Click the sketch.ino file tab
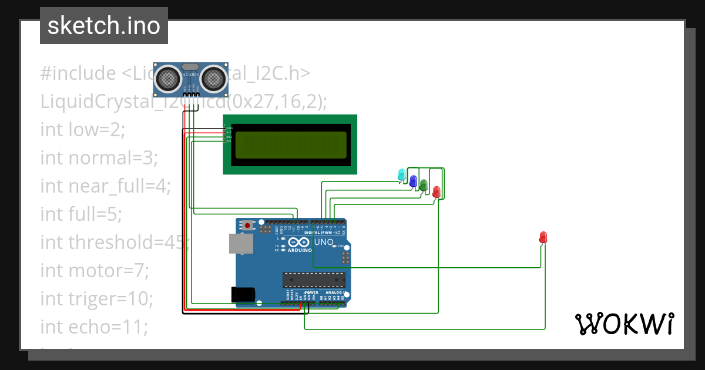pyautogui.click(x=104, y=26)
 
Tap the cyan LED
pyautogui.click(x=402, y=174)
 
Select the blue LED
pyautogui.click(x=413, y=180)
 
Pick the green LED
pyautogui.click(x=424, y=185)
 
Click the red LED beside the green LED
pyautogui.click(x=436, y=191)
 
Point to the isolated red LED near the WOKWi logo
pyautogui.click(x=543, y=237)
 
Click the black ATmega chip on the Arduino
pyautogui.click(x=312, y=281)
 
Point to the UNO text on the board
pyautogui.click(x=324, y=242)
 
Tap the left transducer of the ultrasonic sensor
pyautogui.click(x=169, y=78)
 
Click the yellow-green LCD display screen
pyautogui.click(x=291, y=145)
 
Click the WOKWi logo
pyautogui.click(x=624, y=324)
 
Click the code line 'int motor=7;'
pyautogui.click(x=95, y=271)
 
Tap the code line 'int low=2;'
pyautogui.click(x=83, y=129)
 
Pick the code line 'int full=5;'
pyautogui.click(x=81, y=214)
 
